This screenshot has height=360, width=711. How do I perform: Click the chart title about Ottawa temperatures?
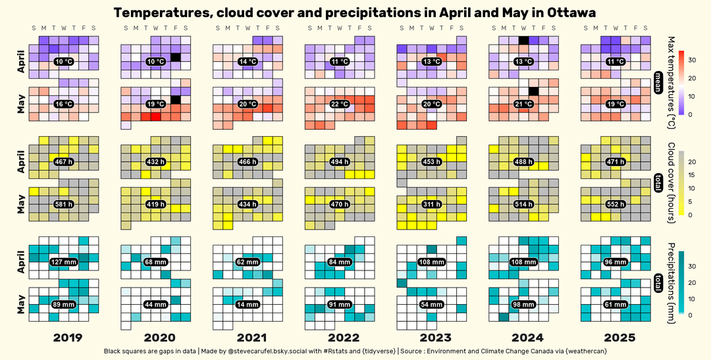tap(355, 13)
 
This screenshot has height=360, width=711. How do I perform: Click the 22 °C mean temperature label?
tap(340, 104)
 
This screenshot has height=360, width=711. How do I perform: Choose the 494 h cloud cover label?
tap(340, 161)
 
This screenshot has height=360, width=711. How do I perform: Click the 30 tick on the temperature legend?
tap(692, 60)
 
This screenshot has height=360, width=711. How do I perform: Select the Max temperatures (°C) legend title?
tap(671, 82)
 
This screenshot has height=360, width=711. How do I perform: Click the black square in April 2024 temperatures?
tap(523, 41)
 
